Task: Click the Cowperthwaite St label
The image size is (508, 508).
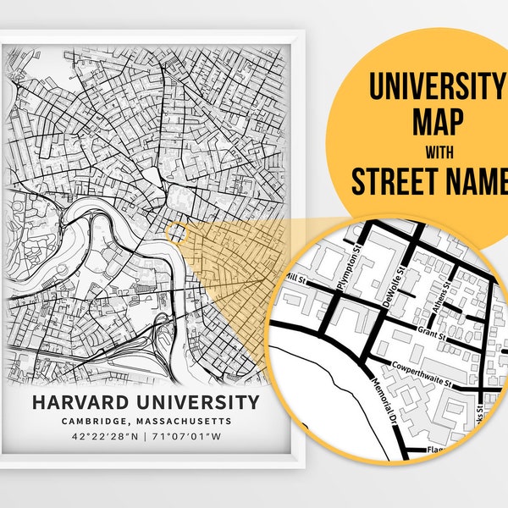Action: pyautogui.click(x=421, y=372)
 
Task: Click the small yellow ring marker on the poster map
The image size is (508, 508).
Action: pyautogui.click(x=175, y=230)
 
